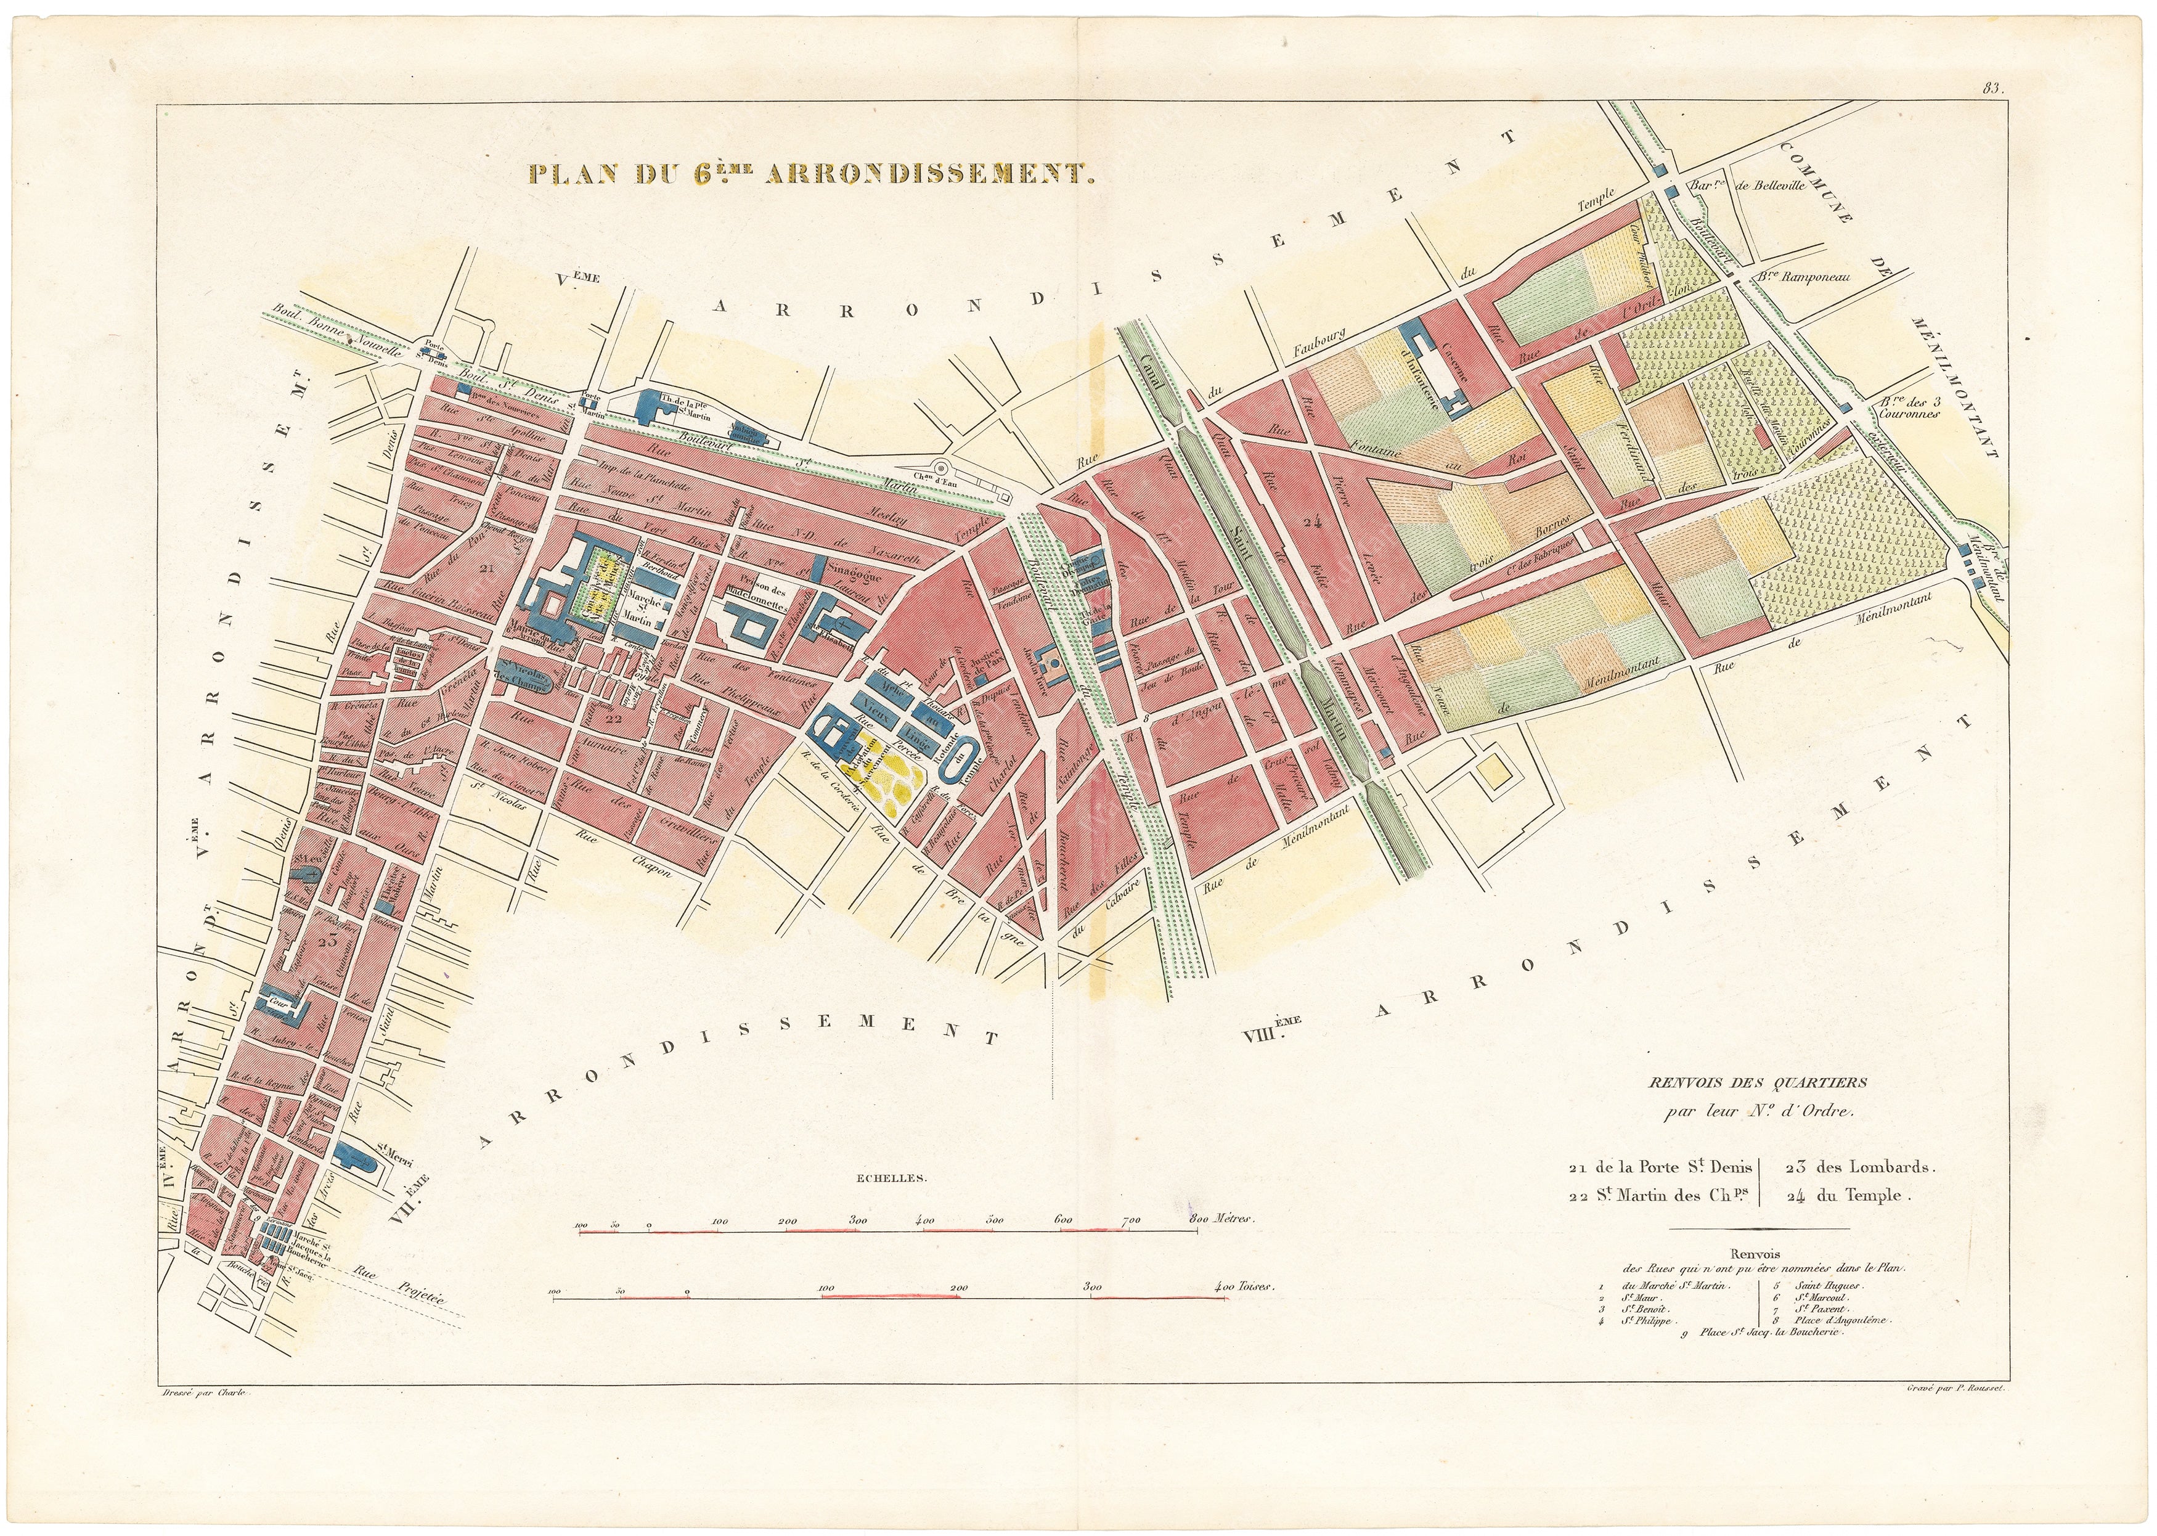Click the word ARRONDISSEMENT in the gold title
[x=928, y=174]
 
